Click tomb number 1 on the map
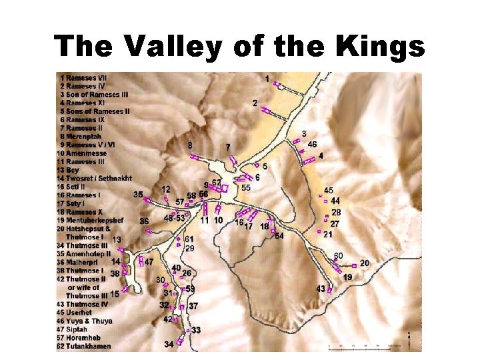[x=267, y=79]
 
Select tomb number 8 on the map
[x=191, y=145]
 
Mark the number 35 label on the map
[x=138, y=195]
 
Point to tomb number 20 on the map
[x=364, y=263]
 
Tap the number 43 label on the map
[x=321, y=288]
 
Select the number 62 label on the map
[x=217, y=182]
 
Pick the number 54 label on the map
[x=279, y=236]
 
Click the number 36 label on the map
[x=144, y=221]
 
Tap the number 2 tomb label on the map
[x=255, y=103]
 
